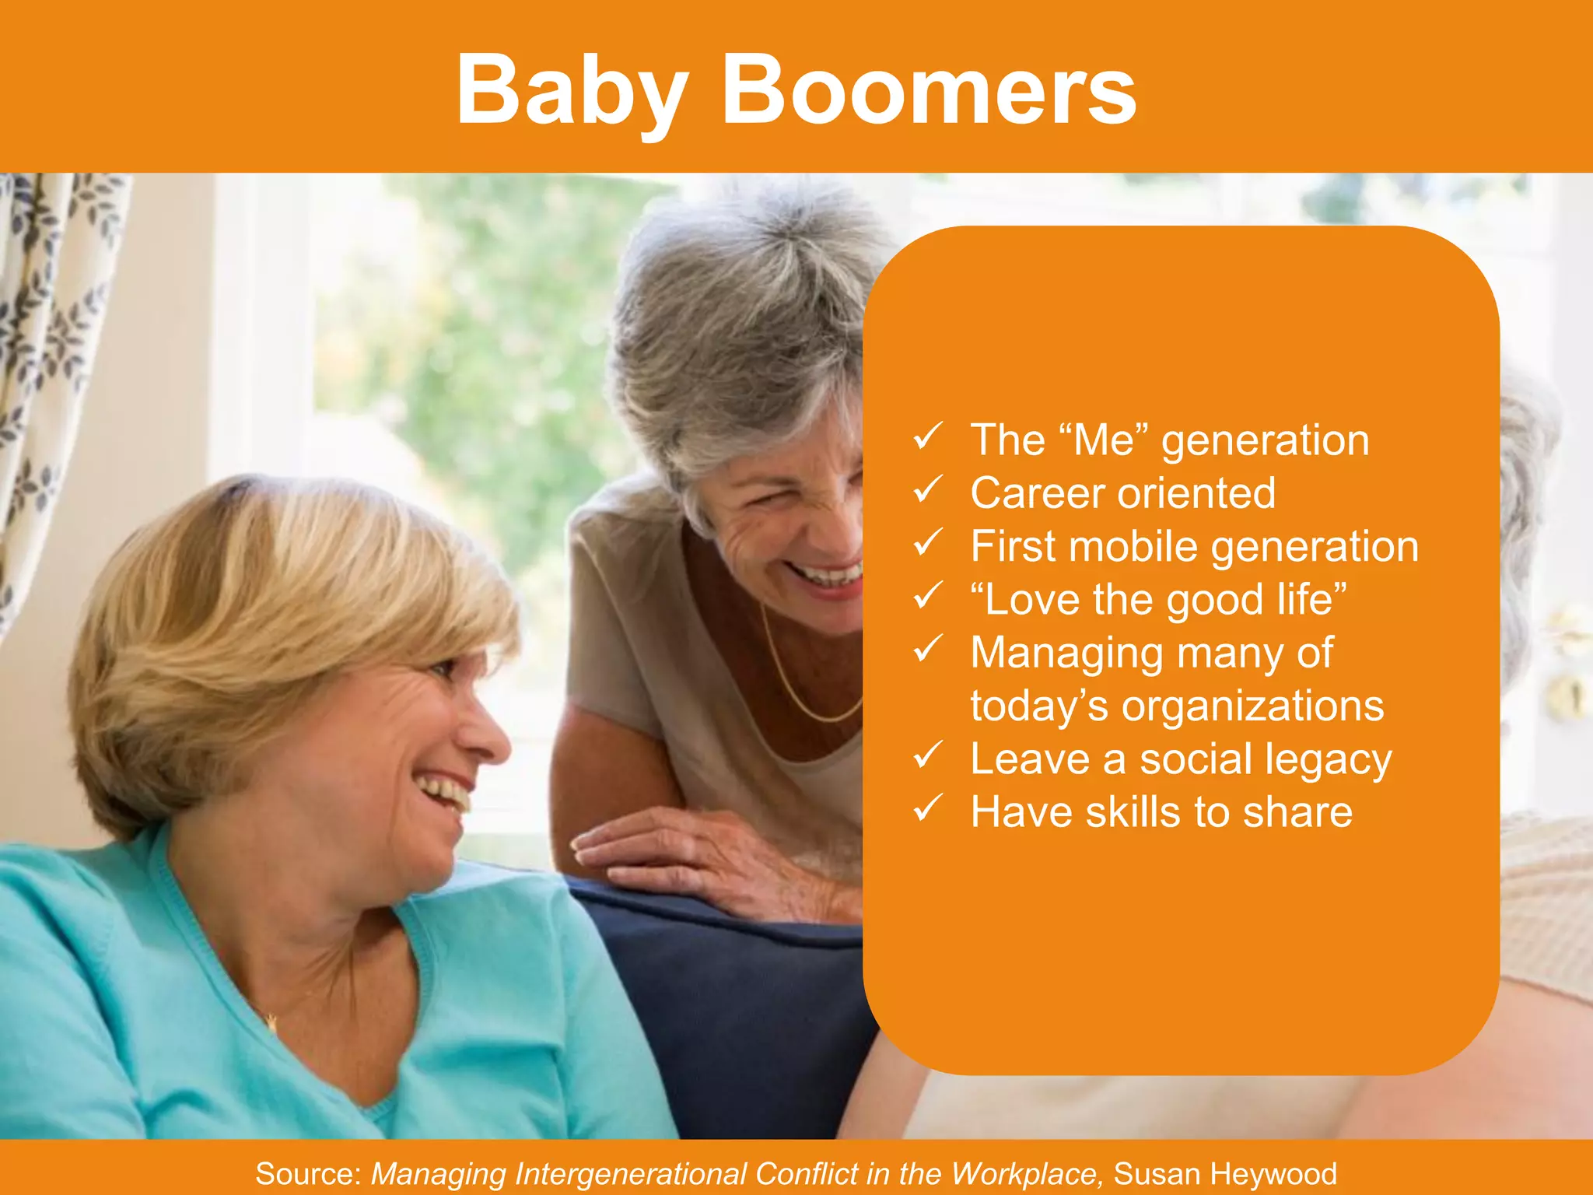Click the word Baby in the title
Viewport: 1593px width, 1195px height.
point(572,92)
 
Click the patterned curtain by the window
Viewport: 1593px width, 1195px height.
point(47,350)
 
